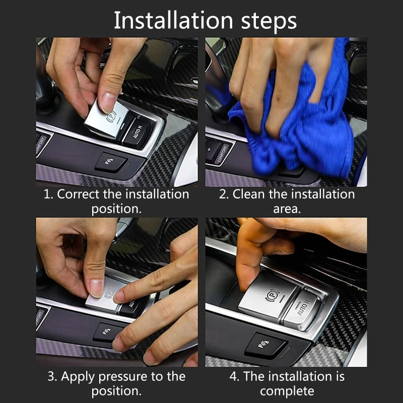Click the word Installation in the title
(x=173, y=20)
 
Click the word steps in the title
(x=269, y=22)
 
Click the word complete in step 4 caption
(x=287, y=391)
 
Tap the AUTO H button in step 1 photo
(x=137, y=133)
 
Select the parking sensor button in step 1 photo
(x=110, y=162)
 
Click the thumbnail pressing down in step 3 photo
(x=97, y=288)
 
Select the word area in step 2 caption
(x=287, y=209)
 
